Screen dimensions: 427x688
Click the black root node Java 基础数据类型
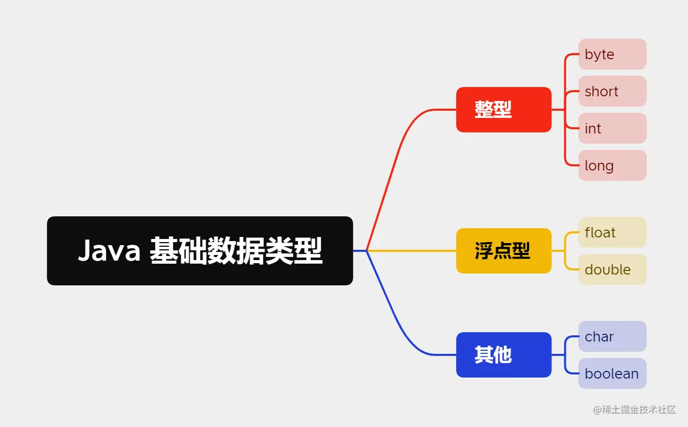200,251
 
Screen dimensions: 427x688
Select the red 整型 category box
504,110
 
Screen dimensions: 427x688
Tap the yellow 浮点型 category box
504,251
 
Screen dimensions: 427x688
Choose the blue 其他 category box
504,355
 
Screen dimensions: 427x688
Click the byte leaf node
612,54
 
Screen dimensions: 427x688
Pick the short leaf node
612,91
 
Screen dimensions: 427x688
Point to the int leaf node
612,128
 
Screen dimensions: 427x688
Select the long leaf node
612,165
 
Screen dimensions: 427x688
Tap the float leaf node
612,232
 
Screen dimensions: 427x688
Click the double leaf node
612,269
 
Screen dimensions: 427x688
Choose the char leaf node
612,336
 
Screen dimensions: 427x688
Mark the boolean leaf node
612,373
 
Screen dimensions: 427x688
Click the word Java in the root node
109,251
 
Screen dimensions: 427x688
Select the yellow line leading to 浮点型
412,251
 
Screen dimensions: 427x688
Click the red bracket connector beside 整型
565,110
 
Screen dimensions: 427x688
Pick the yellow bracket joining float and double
565,251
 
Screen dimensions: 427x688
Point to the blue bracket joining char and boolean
565,355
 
